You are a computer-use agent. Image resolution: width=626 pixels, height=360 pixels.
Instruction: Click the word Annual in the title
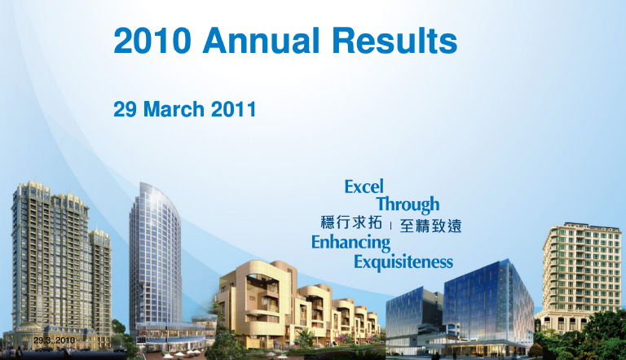point(262,41)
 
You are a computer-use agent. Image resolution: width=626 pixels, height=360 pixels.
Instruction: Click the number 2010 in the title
point(152,41)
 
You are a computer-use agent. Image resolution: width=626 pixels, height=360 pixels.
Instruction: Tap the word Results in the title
point(395,41)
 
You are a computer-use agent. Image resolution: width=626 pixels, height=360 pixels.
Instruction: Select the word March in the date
point(174,109)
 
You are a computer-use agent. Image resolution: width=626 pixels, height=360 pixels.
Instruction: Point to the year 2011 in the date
point(234,109)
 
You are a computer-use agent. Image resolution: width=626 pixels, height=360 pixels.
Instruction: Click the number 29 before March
point(126,109)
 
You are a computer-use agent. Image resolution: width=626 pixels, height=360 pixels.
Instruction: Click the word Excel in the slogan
point(364,187)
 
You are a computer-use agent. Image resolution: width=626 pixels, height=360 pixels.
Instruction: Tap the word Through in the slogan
point(408,204)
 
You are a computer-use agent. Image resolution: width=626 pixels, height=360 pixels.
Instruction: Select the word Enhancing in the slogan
point(351,243)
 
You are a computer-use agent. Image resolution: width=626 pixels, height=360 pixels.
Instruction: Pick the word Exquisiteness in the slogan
point(403,262)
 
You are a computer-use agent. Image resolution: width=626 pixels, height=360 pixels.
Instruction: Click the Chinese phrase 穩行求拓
point(351,222)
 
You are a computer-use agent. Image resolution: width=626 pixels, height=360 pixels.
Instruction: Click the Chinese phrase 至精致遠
point(430,226)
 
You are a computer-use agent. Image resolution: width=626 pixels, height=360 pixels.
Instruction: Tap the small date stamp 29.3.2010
point(55,340)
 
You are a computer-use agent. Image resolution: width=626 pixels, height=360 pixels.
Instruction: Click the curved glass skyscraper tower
point(155,256)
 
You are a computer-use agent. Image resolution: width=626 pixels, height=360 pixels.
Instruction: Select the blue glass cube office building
point(488,303)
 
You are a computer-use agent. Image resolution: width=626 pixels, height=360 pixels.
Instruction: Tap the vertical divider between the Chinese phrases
point(391,226)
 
